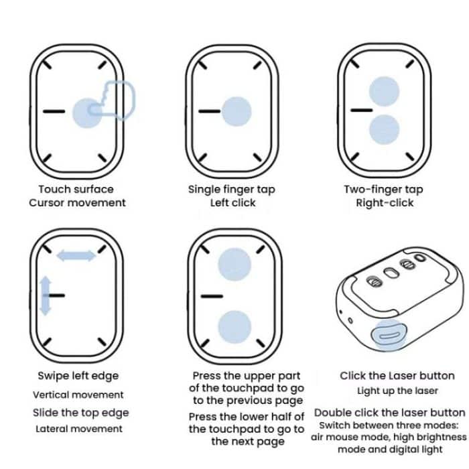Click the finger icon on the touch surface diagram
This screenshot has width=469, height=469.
[x=118, y=100]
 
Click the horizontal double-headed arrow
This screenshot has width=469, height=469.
[x=76, y=255]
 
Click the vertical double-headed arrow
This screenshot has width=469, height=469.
[x=46, y=295]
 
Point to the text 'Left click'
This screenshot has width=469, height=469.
[x=233, y=203]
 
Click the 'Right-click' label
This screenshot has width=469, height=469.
[x=385, y=203]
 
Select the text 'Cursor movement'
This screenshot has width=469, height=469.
[x=77, y=203]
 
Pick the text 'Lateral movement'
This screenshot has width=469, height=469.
[x=79, y=429]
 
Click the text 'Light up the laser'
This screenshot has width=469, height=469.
[x=397, y=391]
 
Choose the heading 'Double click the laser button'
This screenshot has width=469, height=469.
[x=389, y=413]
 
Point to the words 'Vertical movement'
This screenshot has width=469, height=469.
[x=78, y=395]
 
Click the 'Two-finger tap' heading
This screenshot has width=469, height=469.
[x=385, y=189]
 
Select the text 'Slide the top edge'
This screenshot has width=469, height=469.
[x=80, y=413]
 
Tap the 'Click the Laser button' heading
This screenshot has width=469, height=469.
[x=397, y=376]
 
